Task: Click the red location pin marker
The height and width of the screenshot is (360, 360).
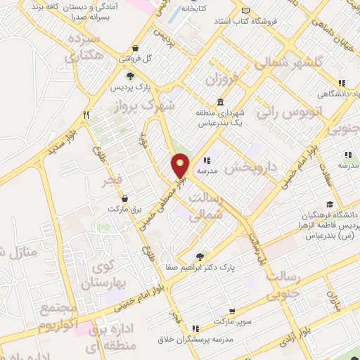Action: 181,166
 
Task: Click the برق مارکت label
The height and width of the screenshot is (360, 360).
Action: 125,210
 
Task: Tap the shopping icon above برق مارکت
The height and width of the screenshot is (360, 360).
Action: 125,198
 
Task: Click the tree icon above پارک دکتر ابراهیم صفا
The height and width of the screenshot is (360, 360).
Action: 201,256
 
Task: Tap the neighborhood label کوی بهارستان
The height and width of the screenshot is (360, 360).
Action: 103,276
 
